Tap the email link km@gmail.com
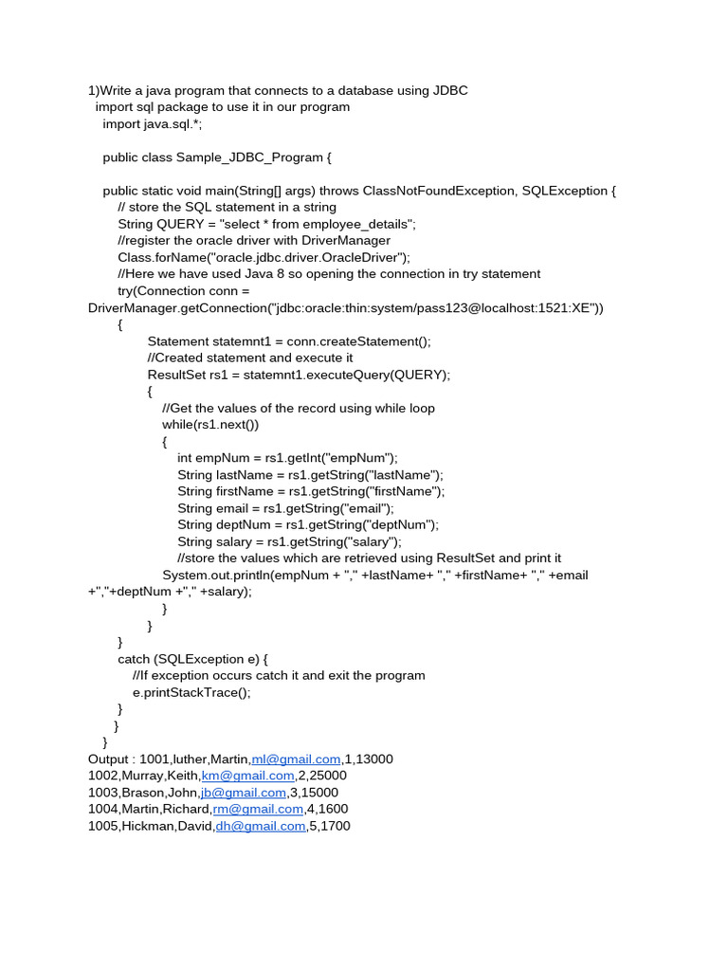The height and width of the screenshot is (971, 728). (x=249, y=776)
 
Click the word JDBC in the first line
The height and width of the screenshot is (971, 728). (x=451, y=90)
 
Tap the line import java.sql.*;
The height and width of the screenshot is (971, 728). (x=153, y=124)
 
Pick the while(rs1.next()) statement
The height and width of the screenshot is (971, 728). (x=210, y=424)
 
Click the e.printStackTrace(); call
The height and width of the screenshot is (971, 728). (x=192, y=692)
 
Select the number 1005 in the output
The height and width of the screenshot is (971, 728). (x=102, y=826)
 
